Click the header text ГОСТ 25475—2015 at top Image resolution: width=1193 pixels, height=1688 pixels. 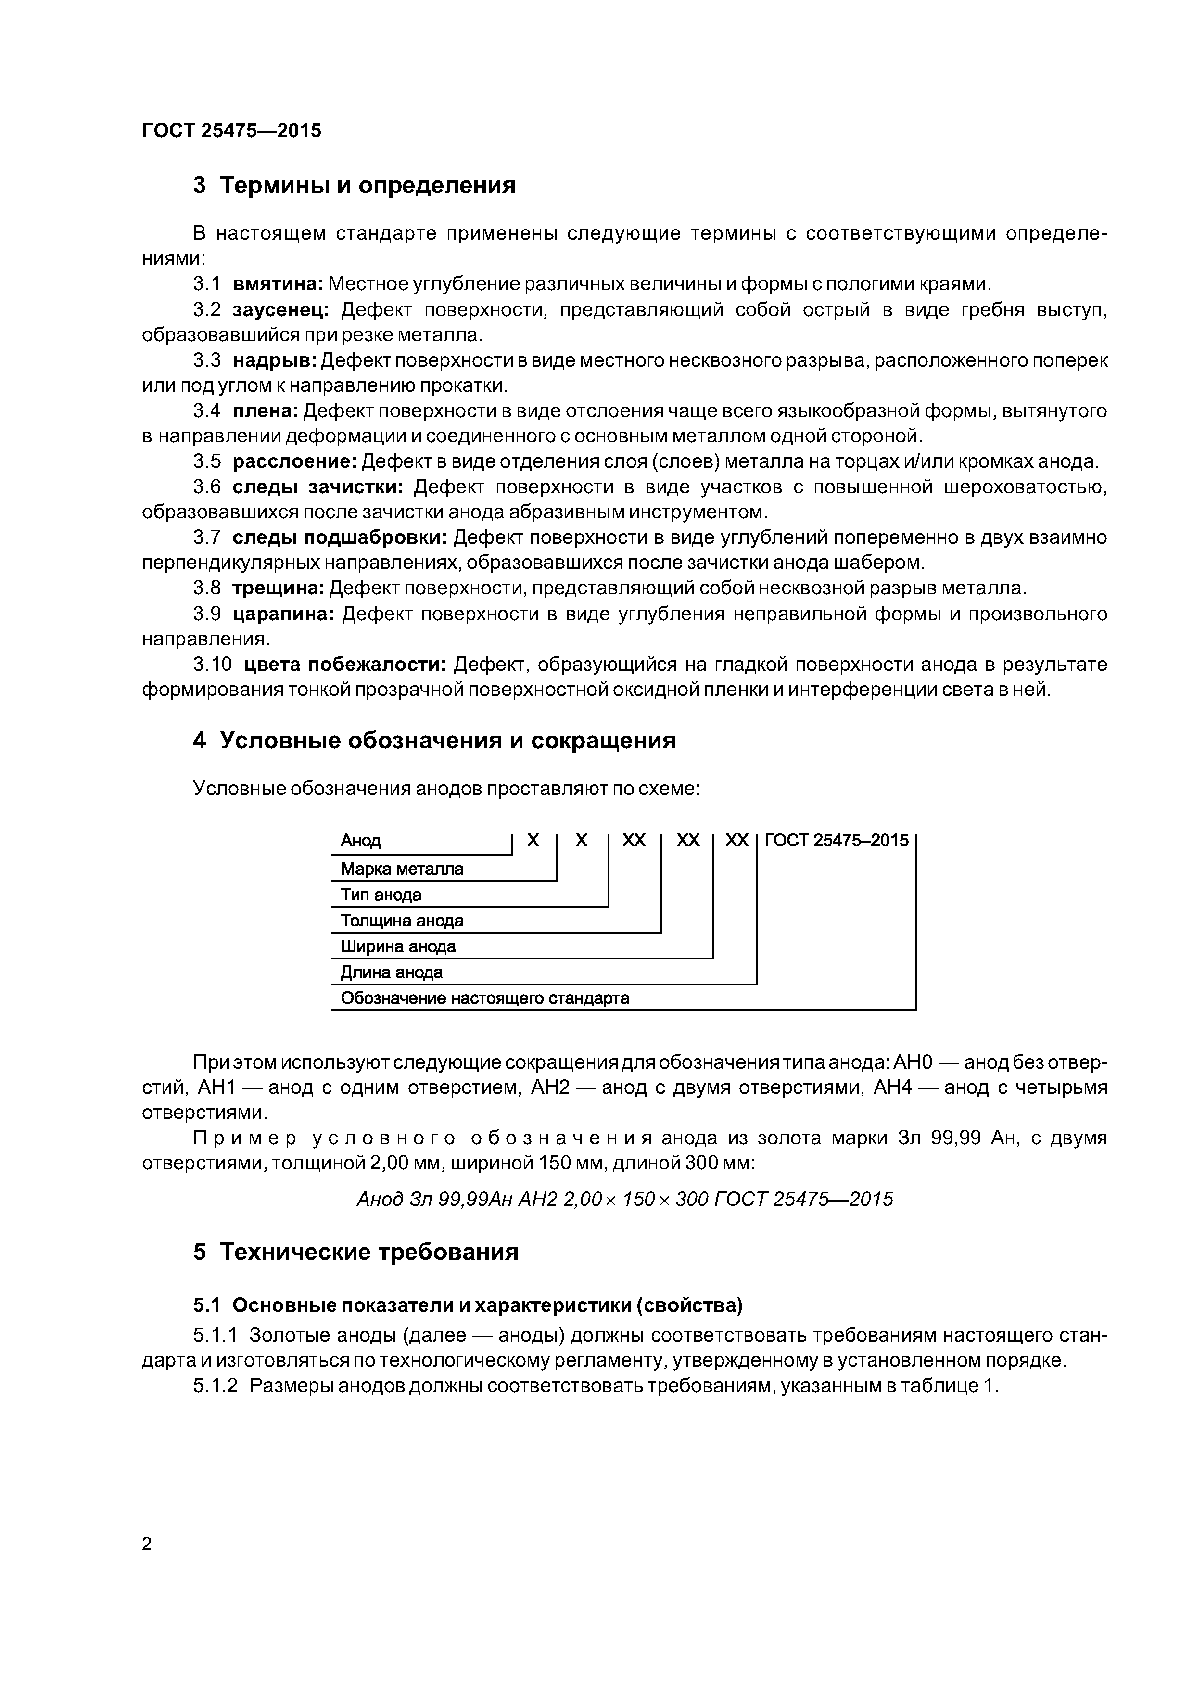[231, 131]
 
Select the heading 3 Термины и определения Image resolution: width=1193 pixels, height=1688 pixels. [355, 185]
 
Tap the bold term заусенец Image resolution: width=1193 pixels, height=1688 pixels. [281, 309]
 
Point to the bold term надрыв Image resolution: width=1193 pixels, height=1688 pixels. [275, 360]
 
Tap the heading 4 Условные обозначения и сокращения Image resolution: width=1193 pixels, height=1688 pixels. [434, 741]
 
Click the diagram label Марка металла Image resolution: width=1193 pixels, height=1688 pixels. [402, 869]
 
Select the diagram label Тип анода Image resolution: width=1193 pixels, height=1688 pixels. [381, 895]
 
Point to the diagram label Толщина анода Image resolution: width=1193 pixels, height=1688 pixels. [402, 921]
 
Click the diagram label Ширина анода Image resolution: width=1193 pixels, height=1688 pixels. [398, 946]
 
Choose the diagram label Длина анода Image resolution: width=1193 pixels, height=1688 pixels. [392, 972]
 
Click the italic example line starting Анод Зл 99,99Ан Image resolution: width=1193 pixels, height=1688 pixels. [624, 1199]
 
